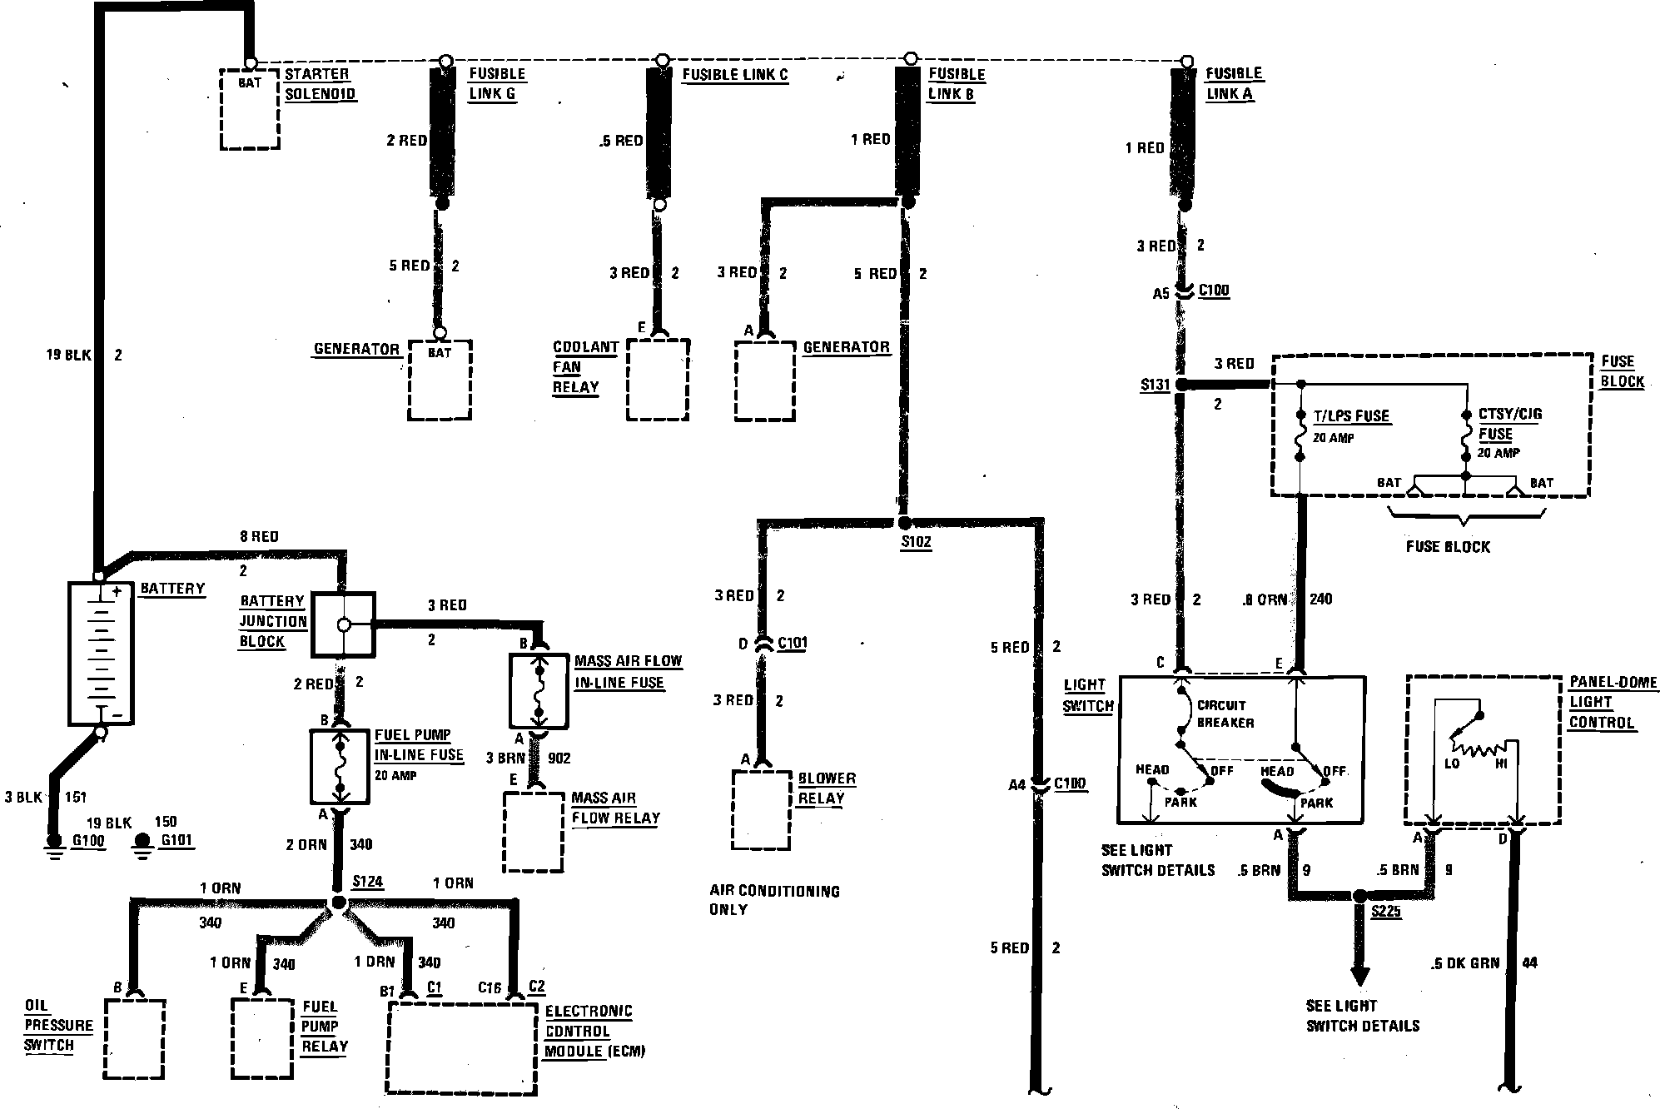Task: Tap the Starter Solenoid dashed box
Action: tap(249, 109)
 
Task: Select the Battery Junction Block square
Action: tap(343, 624)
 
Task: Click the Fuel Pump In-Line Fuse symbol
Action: tap(340, 766)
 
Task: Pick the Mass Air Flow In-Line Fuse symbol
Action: tap(539, 692)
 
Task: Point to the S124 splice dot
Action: tap(338, 903)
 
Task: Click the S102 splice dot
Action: tap(905, 523)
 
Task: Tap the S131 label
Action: tap(1155, 385)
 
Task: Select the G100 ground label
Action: tap(88, 840)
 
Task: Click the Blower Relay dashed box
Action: tap(761, 809)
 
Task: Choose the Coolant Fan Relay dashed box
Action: tap(658, 380)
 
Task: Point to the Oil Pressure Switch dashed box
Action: tap(134, 1038)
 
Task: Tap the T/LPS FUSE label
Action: tap(1351, 416)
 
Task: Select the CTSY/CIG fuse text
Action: tap(1509, 424)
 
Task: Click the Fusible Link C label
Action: tap(734, 75)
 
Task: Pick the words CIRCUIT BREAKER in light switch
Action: tap(1225, 714)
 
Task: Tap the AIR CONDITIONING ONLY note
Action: tap(773, 900)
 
